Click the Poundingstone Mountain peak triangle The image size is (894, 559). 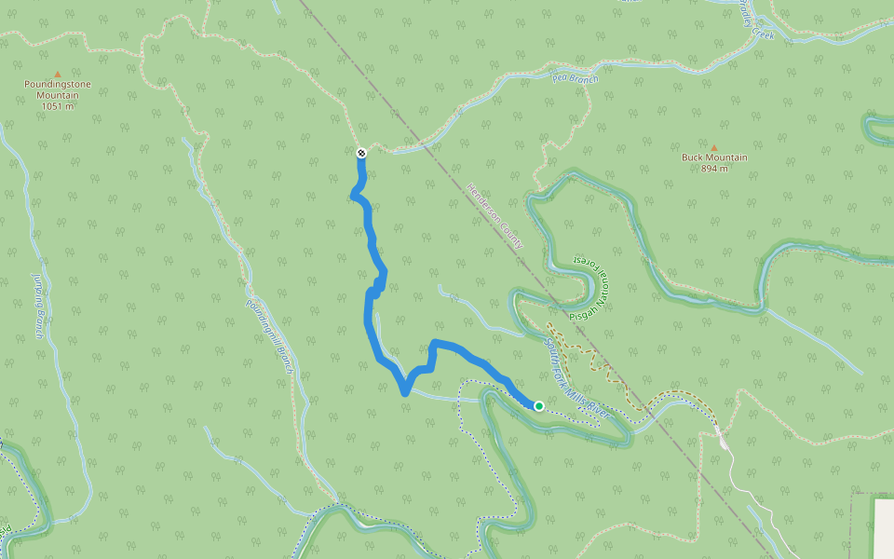pyautogui.click(x=58, y=74)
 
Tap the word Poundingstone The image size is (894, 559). pyautogui.click(x=58, y=85)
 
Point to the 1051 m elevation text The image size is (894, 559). pyautogui.click(x=58, y=106)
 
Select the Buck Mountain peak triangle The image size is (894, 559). pyautogui.click(x=714, y=147)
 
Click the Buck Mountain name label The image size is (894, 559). pyautogui.click(x=714, y=157)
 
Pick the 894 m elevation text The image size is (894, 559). pyautogui.click(x=714, y=169)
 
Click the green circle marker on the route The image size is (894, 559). pyautogui.click(x=539, y=405)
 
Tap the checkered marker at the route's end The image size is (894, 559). pyautogui.click(x=361, y=153)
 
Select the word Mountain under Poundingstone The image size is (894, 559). pyautogui.click(x=58, y=95)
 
